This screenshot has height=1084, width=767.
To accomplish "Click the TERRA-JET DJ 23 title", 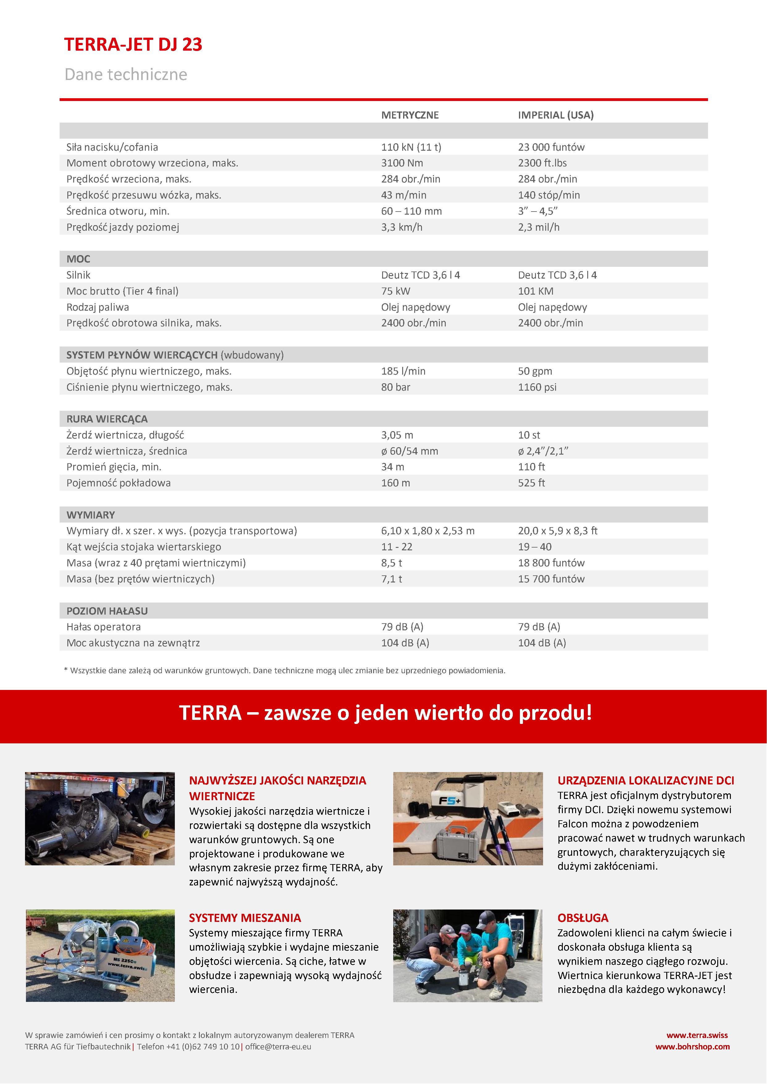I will click(133, 45).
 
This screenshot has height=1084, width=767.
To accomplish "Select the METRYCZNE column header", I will click(410, 115).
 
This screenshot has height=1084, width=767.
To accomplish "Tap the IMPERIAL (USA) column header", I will click(555, 115).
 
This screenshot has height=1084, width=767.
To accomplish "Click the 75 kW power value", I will click(396, 291).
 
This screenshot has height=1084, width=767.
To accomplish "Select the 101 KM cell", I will click(536, 291).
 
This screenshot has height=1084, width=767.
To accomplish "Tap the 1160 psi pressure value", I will click(537, 387).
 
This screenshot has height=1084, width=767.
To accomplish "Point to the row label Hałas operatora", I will click(104, 627).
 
